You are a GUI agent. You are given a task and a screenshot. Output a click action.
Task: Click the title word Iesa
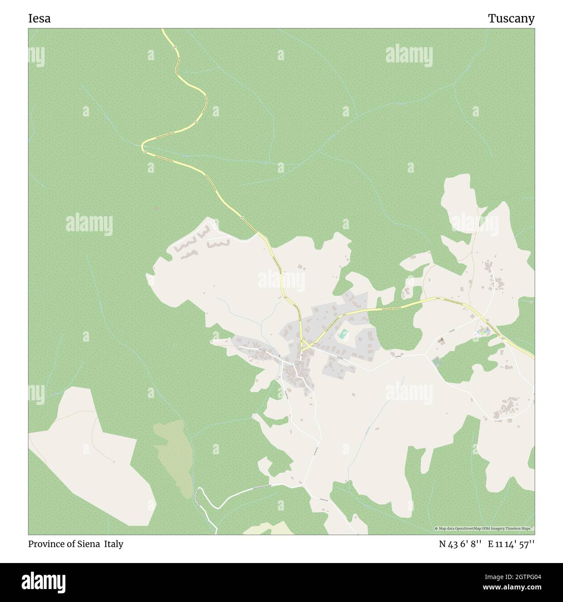(39, 19)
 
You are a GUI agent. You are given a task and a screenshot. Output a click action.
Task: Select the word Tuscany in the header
(511, 19)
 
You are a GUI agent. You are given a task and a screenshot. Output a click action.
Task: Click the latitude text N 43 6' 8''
(460, 544)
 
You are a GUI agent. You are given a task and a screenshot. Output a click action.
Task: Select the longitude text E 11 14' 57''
(511, 544)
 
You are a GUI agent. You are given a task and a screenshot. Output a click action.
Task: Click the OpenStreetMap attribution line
(484, 528)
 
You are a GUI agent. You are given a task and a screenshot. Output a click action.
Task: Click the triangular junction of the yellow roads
(305, 346)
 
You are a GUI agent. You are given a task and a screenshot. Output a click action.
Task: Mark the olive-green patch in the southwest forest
(173, 455)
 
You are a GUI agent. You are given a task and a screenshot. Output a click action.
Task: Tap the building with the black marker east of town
(441, 340)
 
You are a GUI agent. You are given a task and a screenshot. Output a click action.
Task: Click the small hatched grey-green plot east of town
(436, 361)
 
